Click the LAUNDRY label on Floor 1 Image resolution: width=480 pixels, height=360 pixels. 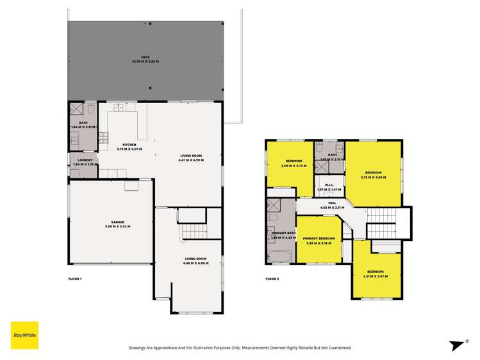[83, 160]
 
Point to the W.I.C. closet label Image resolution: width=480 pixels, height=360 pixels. [330, 186]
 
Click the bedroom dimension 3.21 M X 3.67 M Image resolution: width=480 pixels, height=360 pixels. [376, 275]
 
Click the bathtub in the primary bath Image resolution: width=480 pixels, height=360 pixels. [281, 257]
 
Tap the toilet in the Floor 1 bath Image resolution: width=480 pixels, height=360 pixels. [91, 110]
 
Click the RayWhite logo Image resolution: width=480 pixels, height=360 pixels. [24, 334]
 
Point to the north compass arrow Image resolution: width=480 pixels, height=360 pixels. [459, 346]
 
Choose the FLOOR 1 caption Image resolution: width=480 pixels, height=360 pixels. [75, 279]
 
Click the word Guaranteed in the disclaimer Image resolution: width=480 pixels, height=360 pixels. [338, 347]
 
